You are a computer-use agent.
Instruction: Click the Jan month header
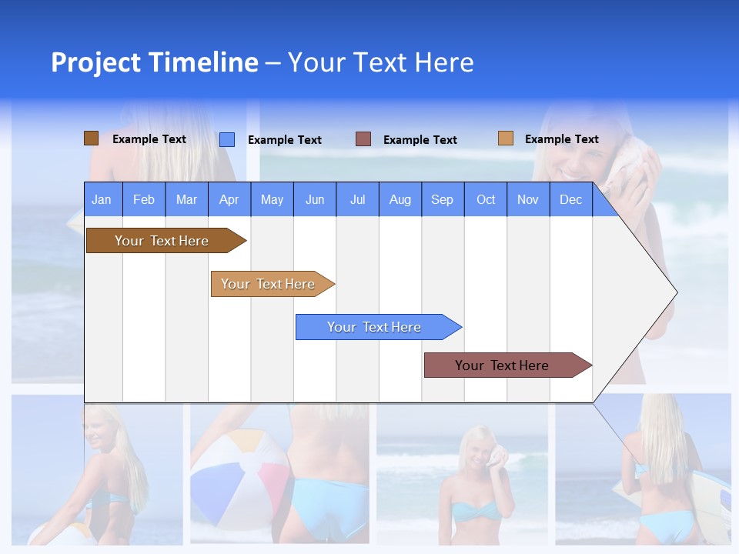tap(102, 200)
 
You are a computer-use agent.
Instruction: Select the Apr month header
tap(229, 200)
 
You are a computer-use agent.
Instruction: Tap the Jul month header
tap(357, 200)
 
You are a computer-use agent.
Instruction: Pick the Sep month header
tap(442, 200)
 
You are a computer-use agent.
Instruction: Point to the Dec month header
tap(570, 200)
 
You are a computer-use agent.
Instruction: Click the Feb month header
tap(144, 200)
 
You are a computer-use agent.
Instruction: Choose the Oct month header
tap(486, 200)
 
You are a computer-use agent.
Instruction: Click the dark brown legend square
tap(91, 138)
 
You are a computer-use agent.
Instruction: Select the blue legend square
tap(227, 139)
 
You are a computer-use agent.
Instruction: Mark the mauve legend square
tap(363, 139)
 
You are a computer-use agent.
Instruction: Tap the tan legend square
tap(505, 138)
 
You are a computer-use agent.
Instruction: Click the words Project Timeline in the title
tap(154, 62)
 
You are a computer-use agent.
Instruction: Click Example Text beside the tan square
tap(561, 139)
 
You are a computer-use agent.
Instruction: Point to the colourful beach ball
tap(239, 477)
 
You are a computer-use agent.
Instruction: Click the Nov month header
tap(528, 200)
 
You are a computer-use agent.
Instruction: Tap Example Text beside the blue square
tap(284, 140)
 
